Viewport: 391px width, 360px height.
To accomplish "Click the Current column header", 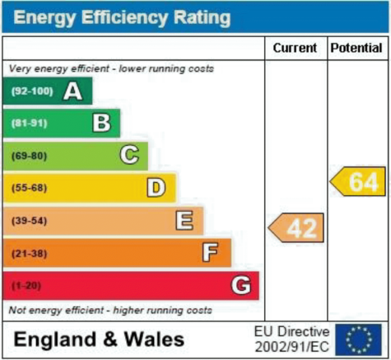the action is tap(295, 48).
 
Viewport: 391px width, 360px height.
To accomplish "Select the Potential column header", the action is tap(356, 48).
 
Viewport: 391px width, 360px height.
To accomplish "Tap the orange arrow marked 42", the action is tap(296, 227).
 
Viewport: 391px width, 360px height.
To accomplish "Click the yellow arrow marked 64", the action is tap(358, 181).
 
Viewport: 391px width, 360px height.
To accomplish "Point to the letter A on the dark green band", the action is tap(72, 91).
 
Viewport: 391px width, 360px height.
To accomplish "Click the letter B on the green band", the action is tap(101, 123).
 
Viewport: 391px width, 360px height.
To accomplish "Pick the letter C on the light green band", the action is tap(129, 155).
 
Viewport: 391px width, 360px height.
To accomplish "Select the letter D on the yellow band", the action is tap(156, 188).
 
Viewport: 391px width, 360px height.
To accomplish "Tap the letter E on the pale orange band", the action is tap(184, 220).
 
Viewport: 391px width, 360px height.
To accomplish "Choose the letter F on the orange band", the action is tap(210, 252).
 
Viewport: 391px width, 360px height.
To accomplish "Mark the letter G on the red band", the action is tap(241, 285).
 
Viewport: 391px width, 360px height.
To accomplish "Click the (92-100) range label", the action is tap(32, 91).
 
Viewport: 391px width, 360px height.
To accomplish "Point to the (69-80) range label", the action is tap(30, 156).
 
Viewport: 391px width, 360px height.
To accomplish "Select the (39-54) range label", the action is tap(30, 221).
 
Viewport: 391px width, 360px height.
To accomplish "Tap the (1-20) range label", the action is tap(26, 286).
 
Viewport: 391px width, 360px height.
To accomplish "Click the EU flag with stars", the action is tap(358, 339).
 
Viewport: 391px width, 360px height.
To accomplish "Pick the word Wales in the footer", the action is tap(154, 339).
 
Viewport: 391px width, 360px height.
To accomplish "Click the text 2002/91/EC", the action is tap(291, 347).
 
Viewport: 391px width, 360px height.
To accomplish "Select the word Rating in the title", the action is tap(202, 18).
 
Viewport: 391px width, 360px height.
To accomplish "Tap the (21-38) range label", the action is tap(30, 254).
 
